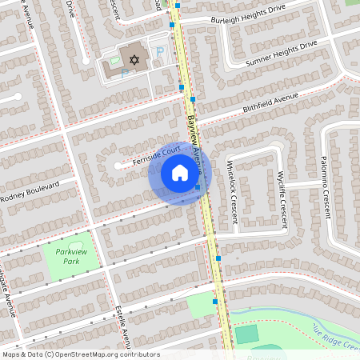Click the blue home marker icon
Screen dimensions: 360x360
(x=179, y=173)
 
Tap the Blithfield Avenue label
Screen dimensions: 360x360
(x=270, y=103)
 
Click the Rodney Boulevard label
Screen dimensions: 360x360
(x=30, y=191)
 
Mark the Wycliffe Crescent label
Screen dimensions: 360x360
(x=282, y=198)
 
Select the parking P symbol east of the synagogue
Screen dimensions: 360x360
(x=158, y=53)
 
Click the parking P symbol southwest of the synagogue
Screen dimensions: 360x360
(x=125, y=72)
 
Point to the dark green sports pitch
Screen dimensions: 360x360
(x=247, y=334)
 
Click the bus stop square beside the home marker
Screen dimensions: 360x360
(x=198, y=188)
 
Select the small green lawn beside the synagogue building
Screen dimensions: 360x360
(x=114, y=60)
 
